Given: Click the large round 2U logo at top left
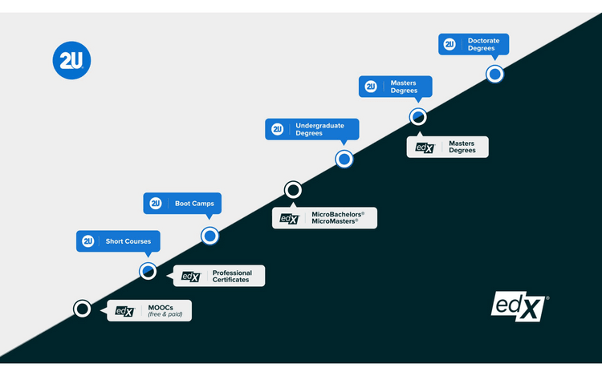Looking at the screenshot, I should [72, 61].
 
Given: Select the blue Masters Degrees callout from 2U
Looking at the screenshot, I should [395, 87].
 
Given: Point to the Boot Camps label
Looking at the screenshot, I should [183, 204].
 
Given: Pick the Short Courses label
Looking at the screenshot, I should [119, 241].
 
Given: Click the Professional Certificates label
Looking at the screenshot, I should [218, 276].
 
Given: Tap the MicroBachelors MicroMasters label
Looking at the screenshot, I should [324, 217].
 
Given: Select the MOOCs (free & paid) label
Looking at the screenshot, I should [149, 311].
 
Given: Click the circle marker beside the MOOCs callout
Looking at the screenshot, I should [82, 309].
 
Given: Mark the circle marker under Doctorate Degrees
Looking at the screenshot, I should [495, 75].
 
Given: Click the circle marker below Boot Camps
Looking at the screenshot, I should [209, 236].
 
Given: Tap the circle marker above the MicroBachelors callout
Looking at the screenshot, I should [293, 190].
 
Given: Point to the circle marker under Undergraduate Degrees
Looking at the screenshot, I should [344, 160].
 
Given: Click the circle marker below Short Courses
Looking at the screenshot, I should [148, 271].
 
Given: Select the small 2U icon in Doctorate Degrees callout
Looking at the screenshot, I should [449, 44].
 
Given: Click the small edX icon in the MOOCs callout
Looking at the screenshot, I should [124, 311].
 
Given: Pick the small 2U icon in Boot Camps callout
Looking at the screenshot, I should [156, 204].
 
